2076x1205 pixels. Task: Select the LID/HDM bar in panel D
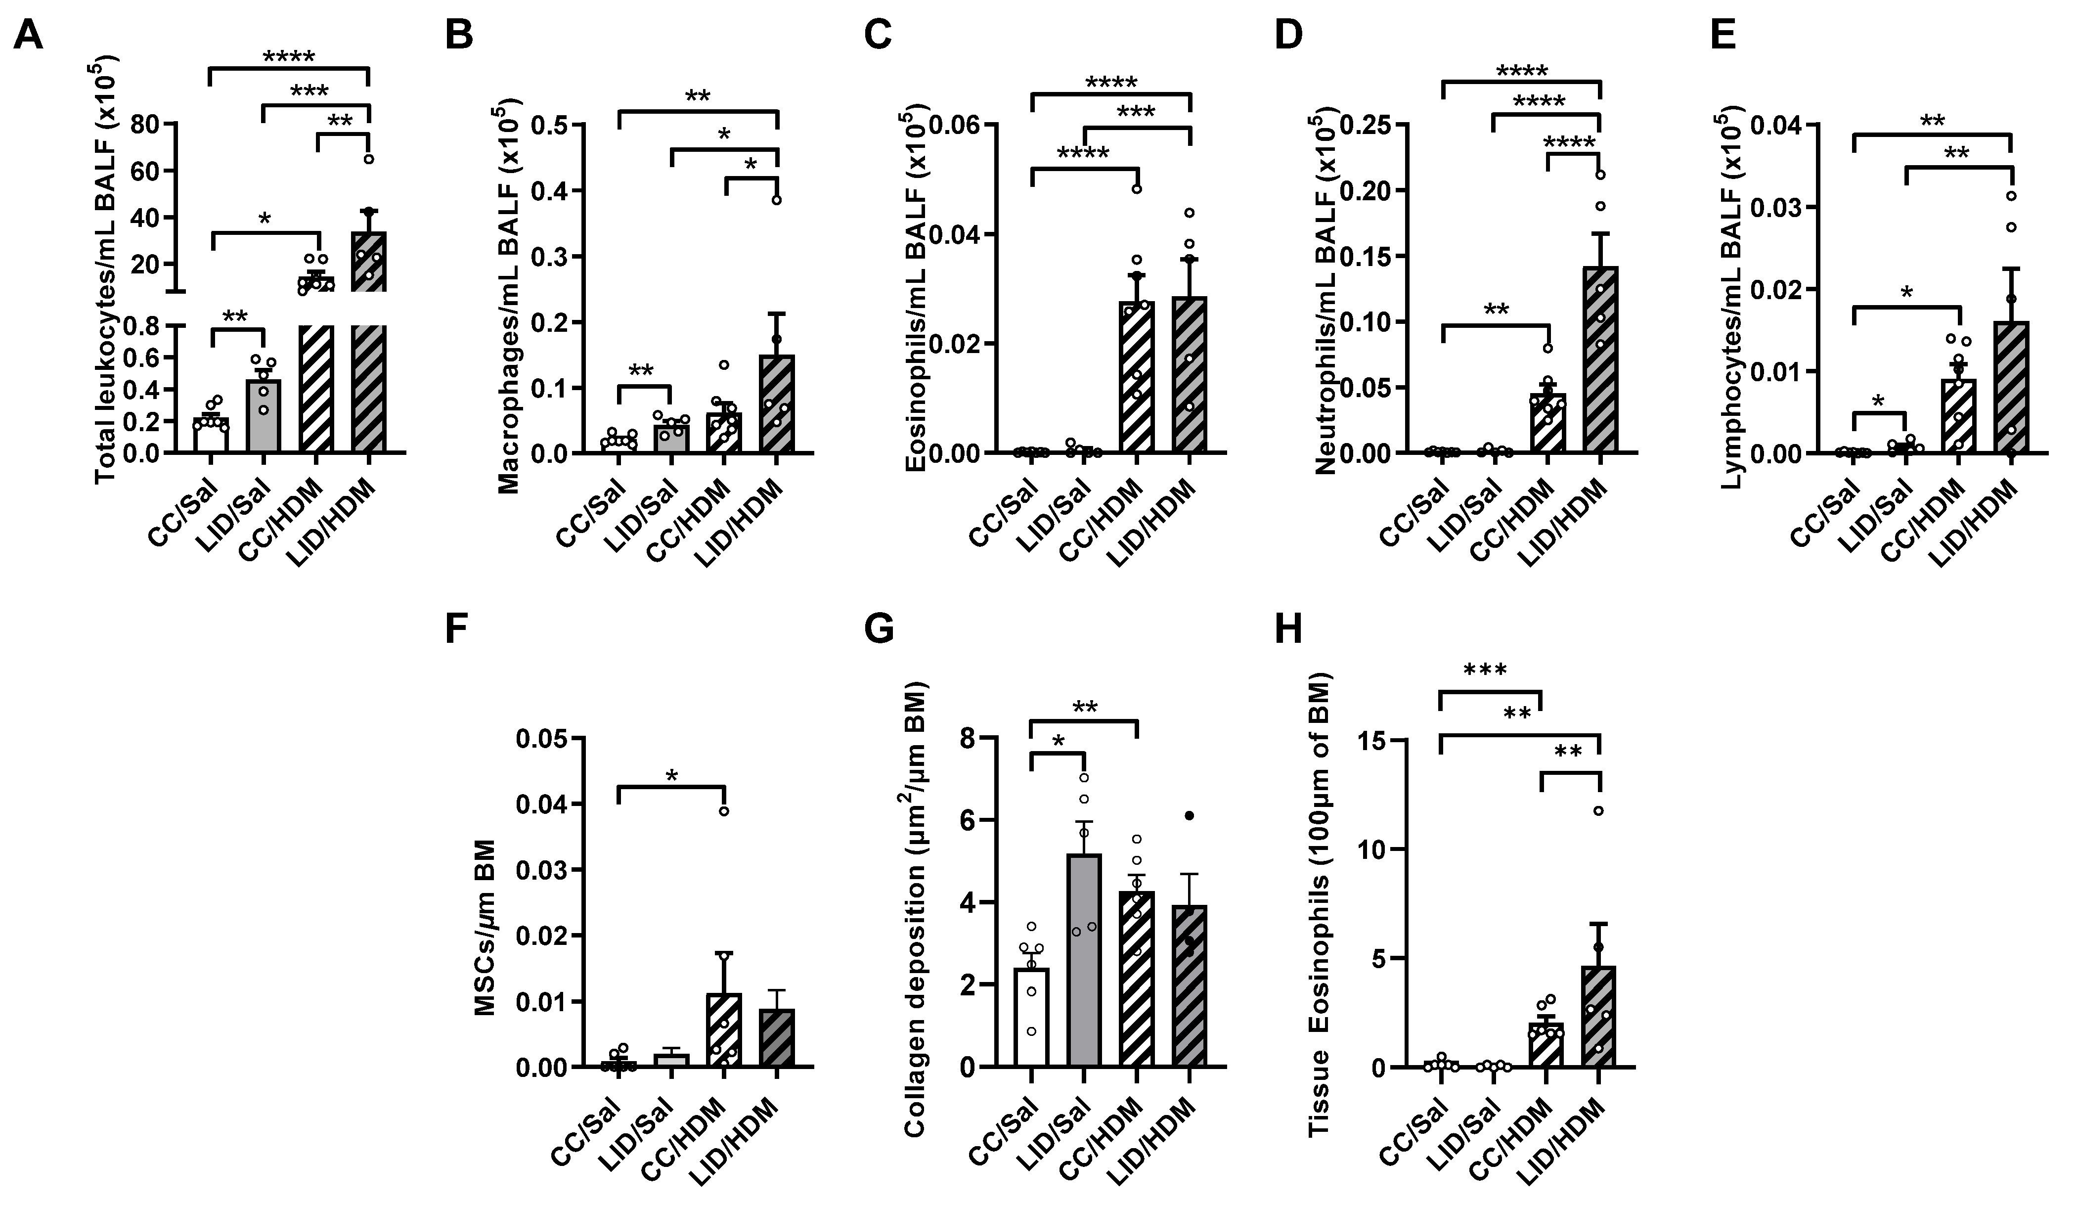pyautogui.click(x=1600, y=362)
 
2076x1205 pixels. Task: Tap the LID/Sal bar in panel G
pyautogui.click(x=1084, y=964)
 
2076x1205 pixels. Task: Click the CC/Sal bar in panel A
pyautogui.click(x=211, y=436)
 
